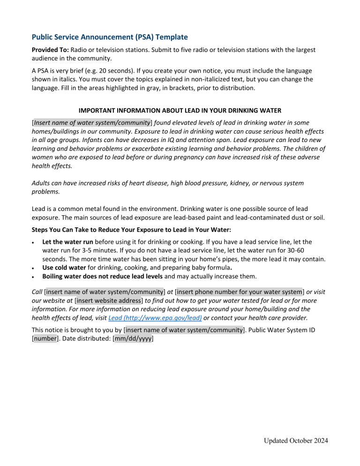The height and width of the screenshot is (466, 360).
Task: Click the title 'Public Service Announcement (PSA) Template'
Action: click(109, 37)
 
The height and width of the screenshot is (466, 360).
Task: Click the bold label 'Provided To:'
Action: click(51, 49)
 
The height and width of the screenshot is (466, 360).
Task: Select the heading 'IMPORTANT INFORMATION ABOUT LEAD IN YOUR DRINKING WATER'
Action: click(180, 111)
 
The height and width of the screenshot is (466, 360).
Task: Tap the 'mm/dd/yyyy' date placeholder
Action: click(134, 338)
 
